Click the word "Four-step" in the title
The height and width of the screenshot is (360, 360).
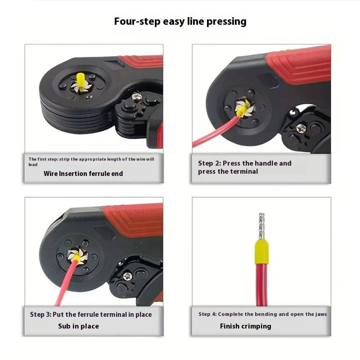tap(137, 22)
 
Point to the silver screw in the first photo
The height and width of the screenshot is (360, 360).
tap(136, 96)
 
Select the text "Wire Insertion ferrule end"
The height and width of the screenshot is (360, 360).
tap(83, 174)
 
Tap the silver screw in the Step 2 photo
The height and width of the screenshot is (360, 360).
tap(301, 128)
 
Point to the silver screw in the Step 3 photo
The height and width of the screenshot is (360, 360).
tap(127, 276)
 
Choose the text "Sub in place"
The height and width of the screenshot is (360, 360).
tap(78, 326)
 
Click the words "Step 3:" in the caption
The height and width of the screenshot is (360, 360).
tap(40, 314)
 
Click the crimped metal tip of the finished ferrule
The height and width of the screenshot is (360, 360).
tap(261, 226)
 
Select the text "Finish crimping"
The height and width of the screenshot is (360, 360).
tap(245, 326)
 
